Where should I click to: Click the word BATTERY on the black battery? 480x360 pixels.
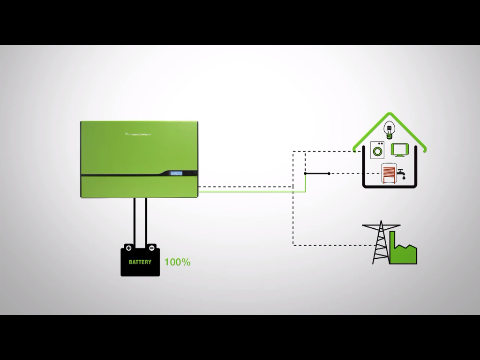[140, 262]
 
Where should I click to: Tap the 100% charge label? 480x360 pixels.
[177, 262]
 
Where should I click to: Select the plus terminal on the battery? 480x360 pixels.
[128, 247]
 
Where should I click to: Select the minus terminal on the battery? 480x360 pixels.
[151, 247]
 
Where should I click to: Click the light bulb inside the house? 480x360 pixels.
[389, 129]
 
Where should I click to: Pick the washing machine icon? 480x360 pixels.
[377, 150]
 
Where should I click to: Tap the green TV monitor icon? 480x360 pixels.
[401, 150]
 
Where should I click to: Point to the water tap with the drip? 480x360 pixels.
[401, 174]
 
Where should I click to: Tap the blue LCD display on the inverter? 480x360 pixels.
[176, 173]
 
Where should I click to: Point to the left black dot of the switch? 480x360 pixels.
[305, 173]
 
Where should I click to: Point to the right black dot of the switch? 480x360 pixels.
[329, 173]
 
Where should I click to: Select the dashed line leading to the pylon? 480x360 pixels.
[328, 245]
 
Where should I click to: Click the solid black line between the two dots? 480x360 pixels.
[317, 173]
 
